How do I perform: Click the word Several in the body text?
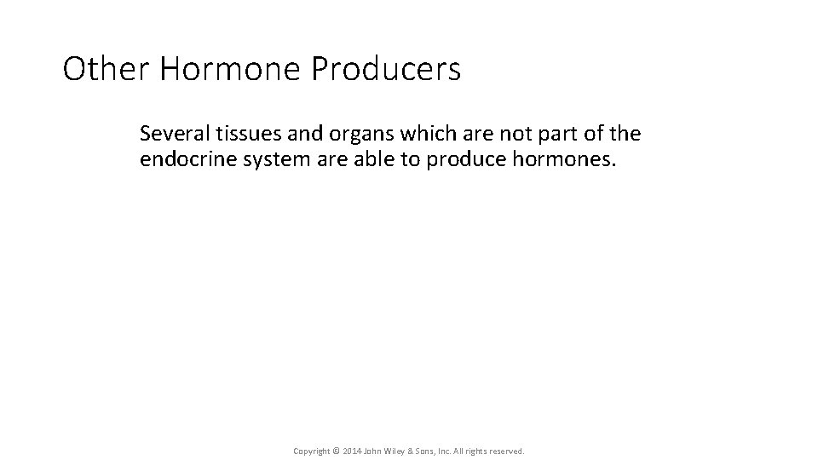(170, 134)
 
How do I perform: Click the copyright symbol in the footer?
(335, 450)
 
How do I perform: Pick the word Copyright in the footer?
(311, 450)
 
